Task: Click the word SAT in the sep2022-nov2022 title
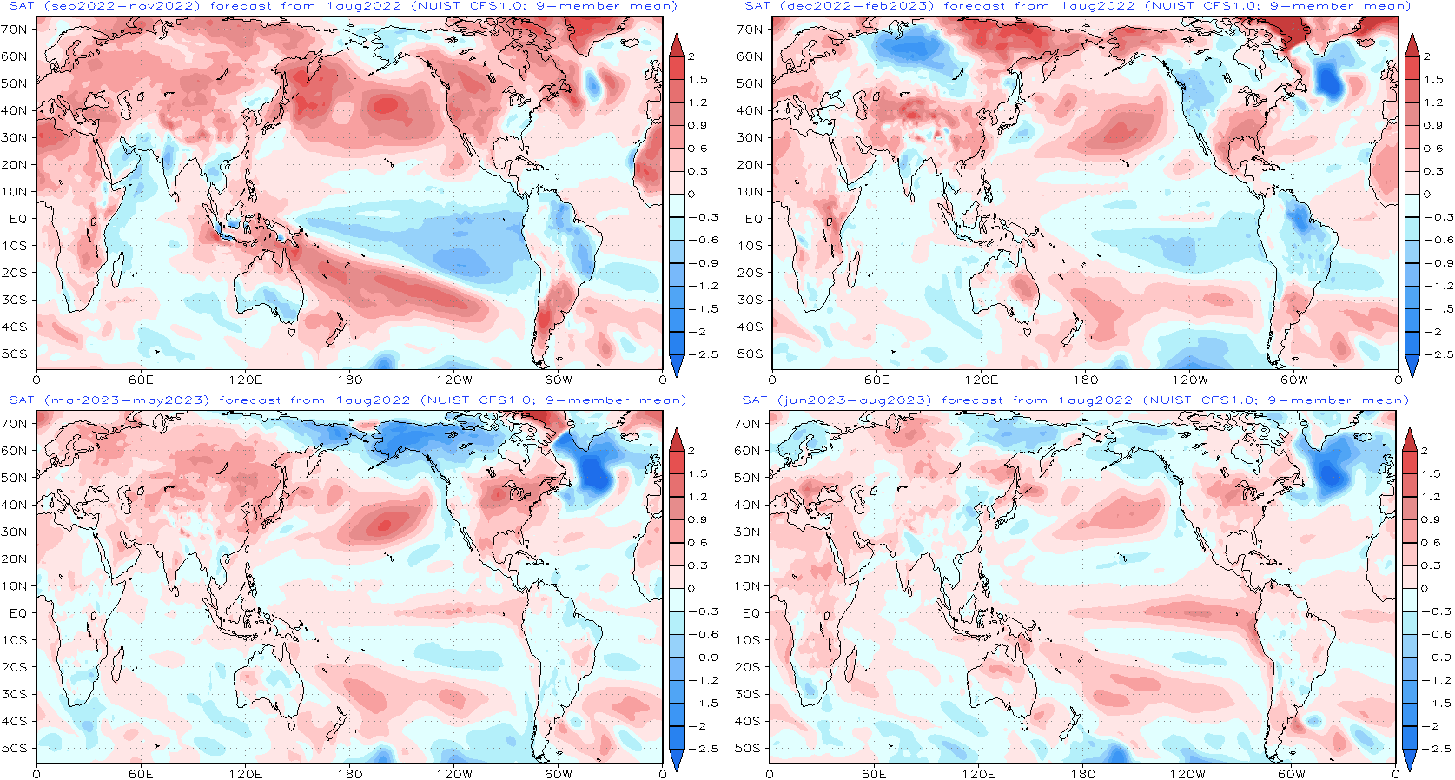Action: coord(22,6)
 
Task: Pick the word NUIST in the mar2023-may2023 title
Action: coord(448,400)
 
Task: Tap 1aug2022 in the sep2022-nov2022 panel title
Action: coord(364,6)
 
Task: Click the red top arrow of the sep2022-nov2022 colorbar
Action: coord(677,46)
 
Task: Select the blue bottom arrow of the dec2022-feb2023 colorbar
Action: coord(1412,365)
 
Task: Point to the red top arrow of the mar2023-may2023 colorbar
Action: coord(677,440)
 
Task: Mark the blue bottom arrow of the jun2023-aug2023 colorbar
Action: coord(1410,759)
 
